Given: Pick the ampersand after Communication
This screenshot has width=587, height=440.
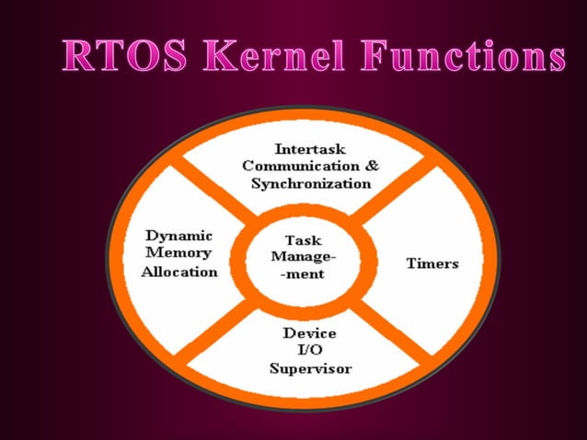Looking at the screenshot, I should (x=371, y=166).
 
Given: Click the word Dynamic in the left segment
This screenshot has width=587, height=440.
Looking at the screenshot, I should (x=179, y=236).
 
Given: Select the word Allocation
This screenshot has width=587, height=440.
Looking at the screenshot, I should (x=179, y=272).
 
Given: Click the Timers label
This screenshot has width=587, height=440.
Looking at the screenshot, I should (x=432, y=263).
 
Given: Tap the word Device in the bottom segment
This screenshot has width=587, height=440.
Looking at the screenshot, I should (x=309, y=332).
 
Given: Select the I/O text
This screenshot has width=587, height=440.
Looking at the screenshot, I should (x=309, y=350).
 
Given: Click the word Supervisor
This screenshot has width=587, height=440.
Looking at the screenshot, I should (x=310, y=368).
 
